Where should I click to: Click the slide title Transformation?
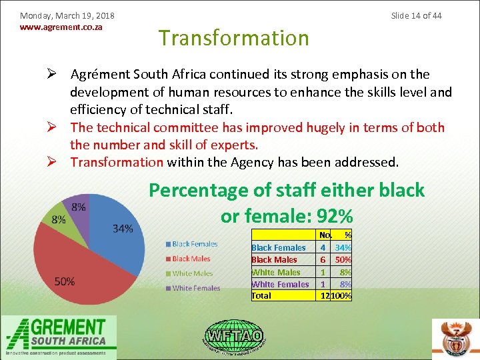point(233,38)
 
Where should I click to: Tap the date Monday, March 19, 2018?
point(67,15)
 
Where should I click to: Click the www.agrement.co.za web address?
point(61,28)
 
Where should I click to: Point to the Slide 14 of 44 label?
point(416,15)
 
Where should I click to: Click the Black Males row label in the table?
point(274,259)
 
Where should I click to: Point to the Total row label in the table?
point(261,295)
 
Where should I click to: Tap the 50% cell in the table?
point(343,259)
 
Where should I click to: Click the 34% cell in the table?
point(343,247)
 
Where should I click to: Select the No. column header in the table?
point(325,235)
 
